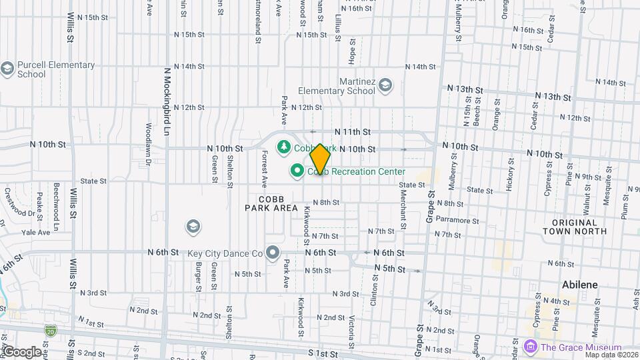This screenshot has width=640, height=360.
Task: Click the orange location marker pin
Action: (320, 159)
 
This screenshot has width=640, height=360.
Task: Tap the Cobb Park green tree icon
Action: (283, 146)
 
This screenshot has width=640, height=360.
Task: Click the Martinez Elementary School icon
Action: (385, 85)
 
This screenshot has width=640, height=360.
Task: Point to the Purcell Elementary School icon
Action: (7, 69)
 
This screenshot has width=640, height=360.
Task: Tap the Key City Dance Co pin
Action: (272, 253)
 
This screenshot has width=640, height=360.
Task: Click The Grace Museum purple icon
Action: (530, 347)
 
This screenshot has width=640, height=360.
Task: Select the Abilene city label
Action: (579, 285)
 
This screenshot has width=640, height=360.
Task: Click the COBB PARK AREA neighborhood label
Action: (271, 203)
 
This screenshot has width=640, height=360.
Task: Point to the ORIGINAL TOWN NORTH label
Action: (574, 226)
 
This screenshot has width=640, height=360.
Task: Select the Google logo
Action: (22, 351)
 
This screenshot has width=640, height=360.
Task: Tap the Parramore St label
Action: (457, 221)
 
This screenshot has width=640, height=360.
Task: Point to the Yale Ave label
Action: (36, 233)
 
